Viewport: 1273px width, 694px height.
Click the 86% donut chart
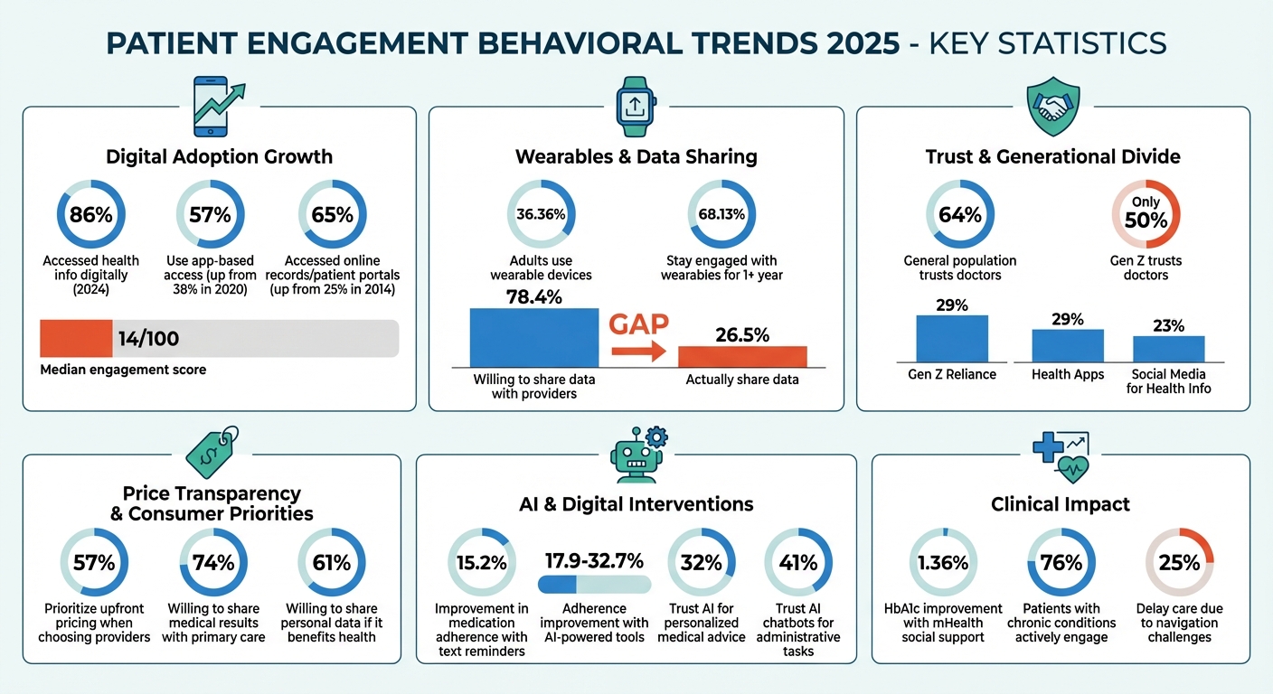[90, 215]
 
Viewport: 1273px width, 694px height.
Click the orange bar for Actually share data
[742, 356]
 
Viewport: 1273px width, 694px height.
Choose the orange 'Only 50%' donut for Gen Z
[1146, 214]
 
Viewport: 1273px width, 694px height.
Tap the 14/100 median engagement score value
[148, 339]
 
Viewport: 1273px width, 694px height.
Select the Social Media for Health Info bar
[1168, 349]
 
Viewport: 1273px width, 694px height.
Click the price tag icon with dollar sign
[212, 450]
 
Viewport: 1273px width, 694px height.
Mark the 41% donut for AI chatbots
[797, 562]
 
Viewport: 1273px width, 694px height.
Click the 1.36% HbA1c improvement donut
[943, 562]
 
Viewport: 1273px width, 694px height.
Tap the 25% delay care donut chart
[1179, 562]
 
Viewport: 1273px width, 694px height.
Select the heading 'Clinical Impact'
[1060, 504]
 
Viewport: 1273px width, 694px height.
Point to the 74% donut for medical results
[213, 562]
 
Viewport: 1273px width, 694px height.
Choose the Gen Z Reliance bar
[952, 339]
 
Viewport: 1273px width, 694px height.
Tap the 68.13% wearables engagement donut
[721, 214]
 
